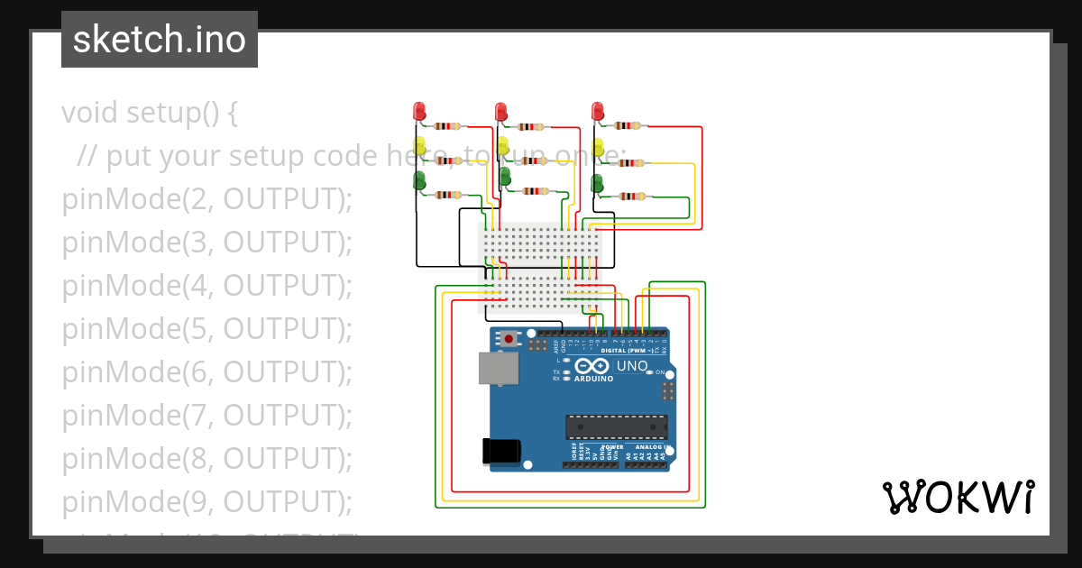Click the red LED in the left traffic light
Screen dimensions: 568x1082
pyautogui.click(x=418, y=111)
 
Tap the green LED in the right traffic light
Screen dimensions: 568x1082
pyautogui.click(x=596, y=183)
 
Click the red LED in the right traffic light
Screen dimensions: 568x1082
pyautogui.click(x=597, y=111)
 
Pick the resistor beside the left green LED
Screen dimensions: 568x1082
pyautogui.click(x=448, y=195)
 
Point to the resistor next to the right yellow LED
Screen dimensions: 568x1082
pyautogui.click(x=631, y=163)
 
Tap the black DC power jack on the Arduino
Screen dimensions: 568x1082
pyautogui.click(x=502, y=450)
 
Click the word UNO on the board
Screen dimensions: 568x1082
pyautogui.click(x=631, y=366)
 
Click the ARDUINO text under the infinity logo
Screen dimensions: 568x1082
pyautogui.click(x=593, y=379)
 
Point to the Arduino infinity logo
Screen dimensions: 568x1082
pyautogui.click(x=592, y=366)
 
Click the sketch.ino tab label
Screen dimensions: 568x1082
pyautogui.click(x=160, y=40)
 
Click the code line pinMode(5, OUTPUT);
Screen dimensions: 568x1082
pyautogui.click(x=206, y=329)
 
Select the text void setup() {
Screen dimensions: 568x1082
pyautogui.click(x=150, y=114)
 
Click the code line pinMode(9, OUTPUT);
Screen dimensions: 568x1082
pyautogui.click(x=206, y=501)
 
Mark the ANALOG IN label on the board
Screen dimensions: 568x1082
pyautogui.click(x=649, y=447)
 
